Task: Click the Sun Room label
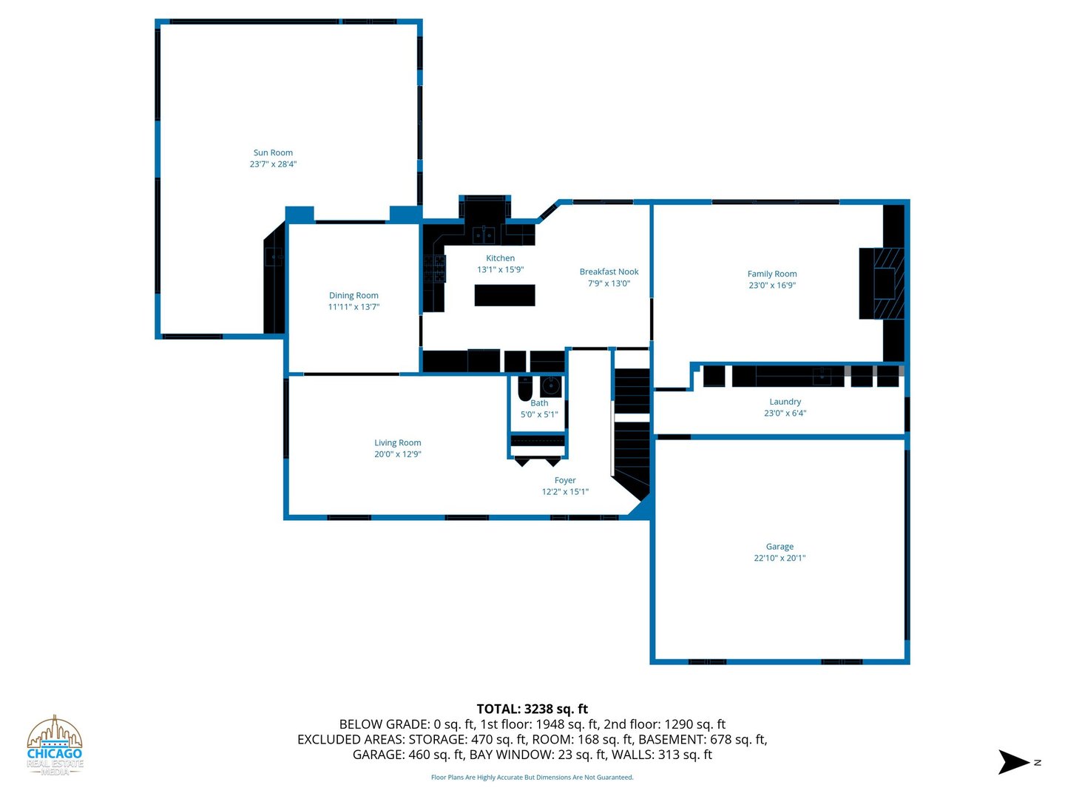tap(273, 153)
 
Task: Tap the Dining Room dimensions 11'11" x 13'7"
tap(354, 307)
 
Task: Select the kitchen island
tap(504, 295)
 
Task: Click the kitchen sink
tap(484, 236)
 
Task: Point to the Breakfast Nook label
tap(609, 272)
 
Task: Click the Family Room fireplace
tap(882, 284)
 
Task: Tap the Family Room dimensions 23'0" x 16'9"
tap(772, 286)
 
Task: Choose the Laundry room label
tap(785, 402)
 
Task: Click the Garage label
tap(780, 547)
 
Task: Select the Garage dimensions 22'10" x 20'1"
tap(780, 559)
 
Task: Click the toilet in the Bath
tap(525, 388)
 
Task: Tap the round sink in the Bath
tap(551, 386)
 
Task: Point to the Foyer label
tap(565, 480)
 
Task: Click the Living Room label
tap(397, 443)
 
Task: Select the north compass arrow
tap(1013, 762)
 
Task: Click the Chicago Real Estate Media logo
tap(54, 745)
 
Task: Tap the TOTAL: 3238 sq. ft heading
tap(532, 709)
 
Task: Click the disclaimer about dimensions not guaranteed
tap(532, 777)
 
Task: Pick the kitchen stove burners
tap(434, 269)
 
